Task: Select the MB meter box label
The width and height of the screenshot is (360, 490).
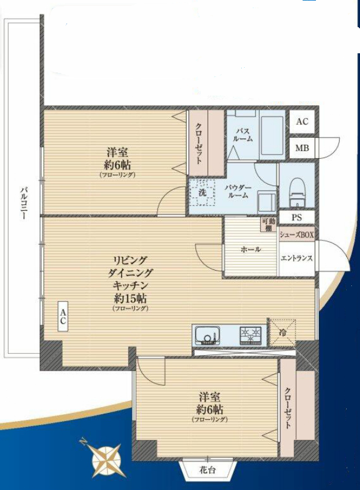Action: (x=302, y=148)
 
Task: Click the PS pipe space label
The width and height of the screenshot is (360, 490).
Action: (x=296, y=217)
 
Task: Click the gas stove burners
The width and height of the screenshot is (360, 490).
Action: (x=250, y=335)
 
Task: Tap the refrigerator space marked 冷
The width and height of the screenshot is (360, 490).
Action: (x=282, y=332)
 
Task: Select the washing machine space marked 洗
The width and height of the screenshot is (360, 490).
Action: (x=202, y=192)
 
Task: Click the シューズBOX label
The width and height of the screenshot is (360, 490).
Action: (x=296, y=235)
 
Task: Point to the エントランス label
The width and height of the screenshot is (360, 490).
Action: (x=296, y=258)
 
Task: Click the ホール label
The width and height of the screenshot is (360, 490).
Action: (x=250, y=250)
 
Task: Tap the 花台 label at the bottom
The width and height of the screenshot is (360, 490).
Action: (x=208, y=469)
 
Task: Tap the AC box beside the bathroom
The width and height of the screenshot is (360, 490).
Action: (x=302, y=122)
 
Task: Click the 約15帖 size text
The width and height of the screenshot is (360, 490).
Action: (x=130, y=299)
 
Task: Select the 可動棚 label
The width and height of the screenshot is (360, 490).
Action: (x=268, y=225)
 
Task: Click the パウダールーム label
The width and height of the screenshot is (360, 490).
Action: (x=238, y=192)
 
